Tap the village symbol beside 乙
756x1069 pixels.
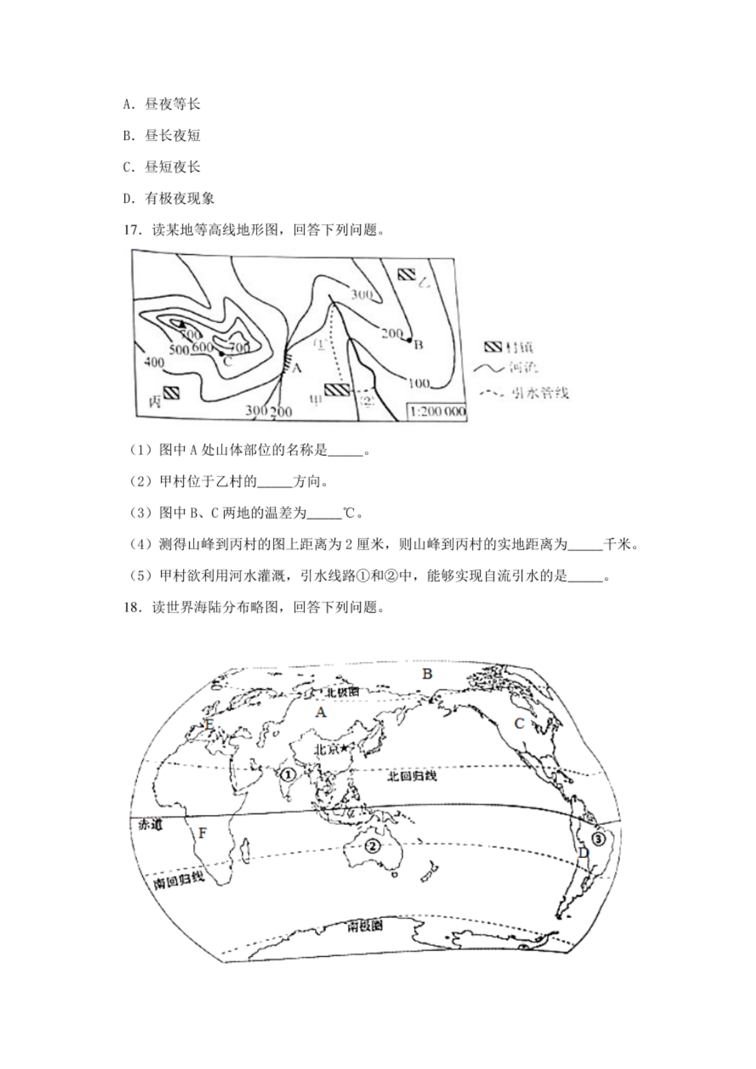point(406,274)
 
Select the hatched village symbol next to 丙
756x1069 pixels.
point(171,393)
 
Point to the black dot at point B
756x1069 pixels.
point(409,340)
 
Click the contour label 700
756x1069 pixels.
point(238,347)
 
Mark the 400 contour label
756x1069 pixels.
point(154,362)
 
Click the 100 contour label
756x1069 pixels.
point(419,383)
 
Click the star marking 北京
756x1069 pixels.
point(345,748)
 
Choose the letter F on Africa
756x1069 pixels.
point(202,834)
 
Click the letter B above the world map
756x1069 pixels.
point(427,674)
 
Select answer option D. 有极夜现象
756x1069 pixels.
point(169,198)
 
